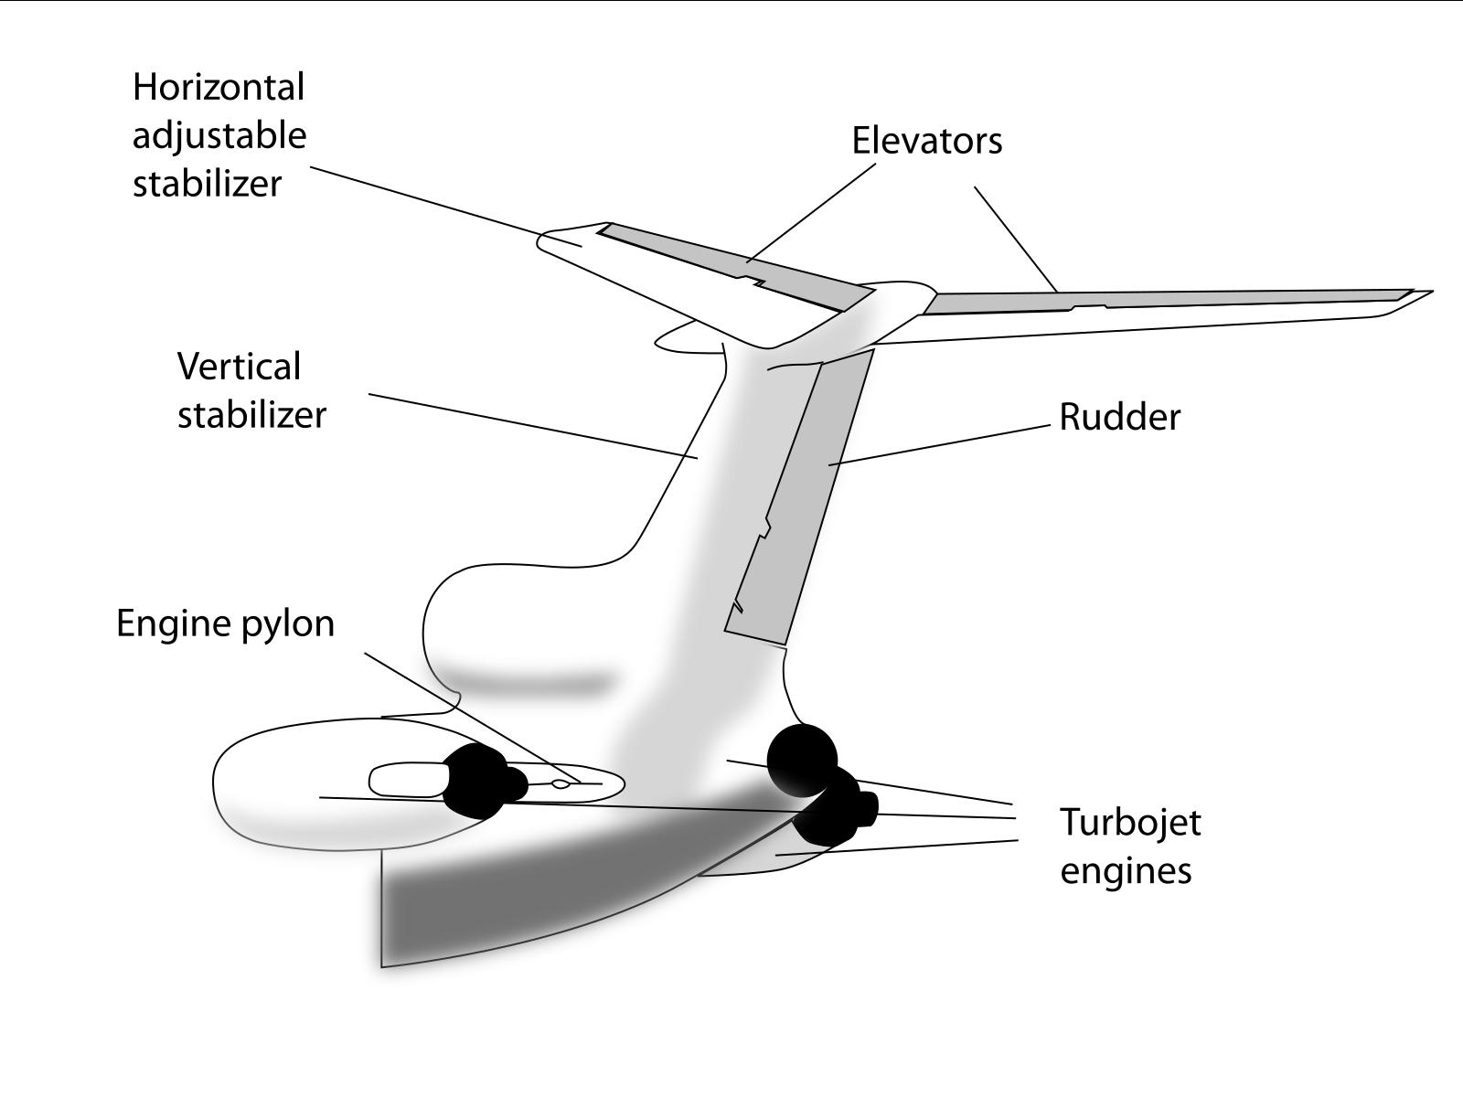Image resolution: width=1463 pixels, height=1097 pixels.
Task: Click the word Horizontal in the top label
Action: pos(219,88)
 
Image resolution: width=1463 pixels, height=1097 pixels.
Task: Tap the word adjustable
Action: pos(219,136)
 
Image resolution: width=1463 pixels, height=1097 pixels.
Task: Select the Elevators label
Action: pos(926,141)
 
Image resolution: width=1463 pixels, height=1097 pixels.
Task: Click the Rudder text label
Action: pos(1119,418)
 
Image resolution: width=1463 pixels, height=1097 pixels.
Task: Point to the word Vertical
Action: pos(239,367)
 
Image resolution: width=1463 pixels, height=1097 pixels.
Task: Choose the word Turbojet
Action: pos(1130,822)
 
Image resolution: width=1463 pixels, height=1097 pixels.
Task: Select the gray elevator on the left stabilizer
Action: pos(731,264)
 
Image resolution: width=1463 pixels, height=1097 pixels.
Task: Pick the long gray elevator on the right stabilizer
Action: pos(1161,299)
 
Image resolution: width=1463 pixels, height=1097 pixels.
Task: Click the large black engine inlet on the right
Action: pos(802,759)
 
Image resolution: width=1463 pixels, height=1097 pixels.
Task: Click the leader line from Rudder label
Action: pos(942,444)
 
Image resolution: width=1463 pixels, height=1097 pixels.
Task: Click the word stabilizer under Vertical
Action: pos(251,415)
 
